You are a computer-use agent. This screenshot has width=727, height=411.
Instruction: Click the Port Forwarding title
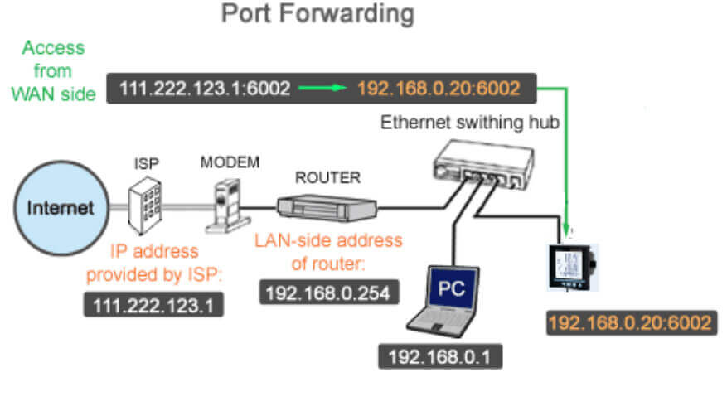317,14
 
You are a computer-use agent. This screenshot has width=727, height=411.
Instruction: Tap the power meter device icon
574,262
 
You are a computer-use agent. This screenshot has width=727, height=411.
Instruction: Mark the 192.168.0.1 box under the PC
439,358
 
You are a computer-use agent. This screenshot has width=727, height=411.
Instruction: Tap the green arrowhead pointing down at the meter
567,224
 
